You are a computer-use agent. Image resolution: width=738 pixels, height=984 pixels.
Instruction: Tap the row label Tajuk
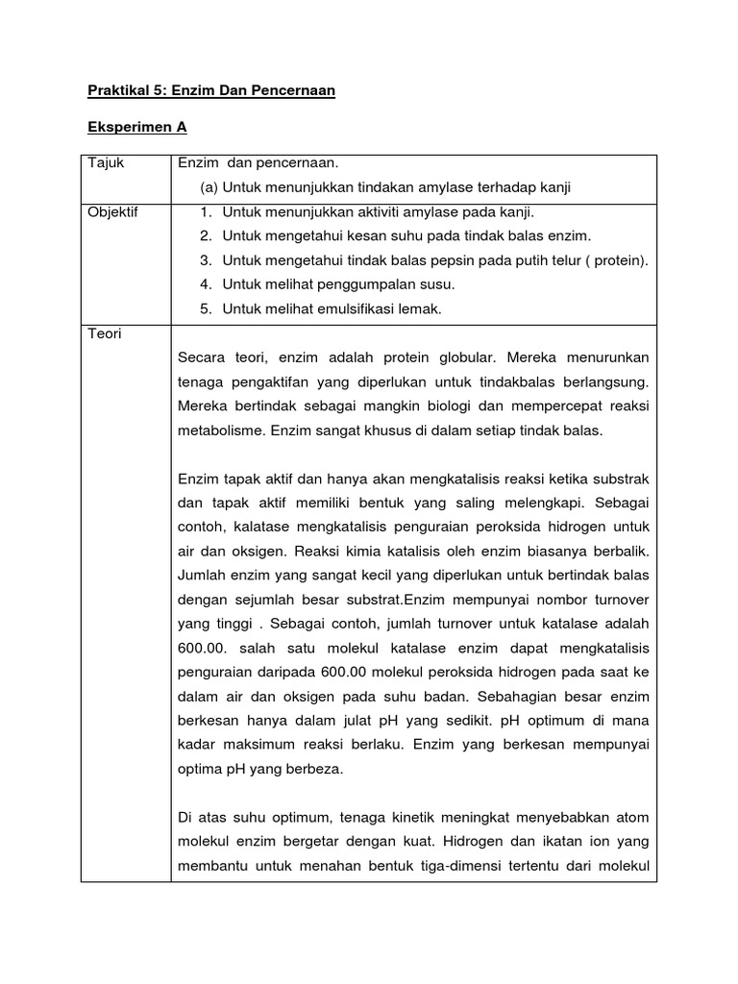107,164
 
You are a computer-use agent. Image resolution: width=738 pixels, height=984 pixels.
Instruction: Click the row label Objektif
113,212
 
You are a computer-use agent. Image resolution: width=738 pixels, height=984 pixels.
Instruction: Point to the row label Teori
105,333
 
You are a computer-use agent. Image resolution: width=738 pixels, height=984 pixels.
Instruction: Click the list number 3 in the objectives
206,260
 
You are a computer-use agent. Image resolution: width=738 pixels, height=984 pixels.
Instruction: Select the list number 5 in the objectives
206,308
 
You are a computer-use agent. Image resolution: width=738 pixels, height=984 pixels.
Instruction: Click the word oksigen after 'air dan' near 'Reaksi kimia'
254,552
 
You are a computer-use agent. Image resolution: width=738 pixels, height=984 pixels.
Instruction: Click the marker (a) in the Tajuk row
209,187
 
